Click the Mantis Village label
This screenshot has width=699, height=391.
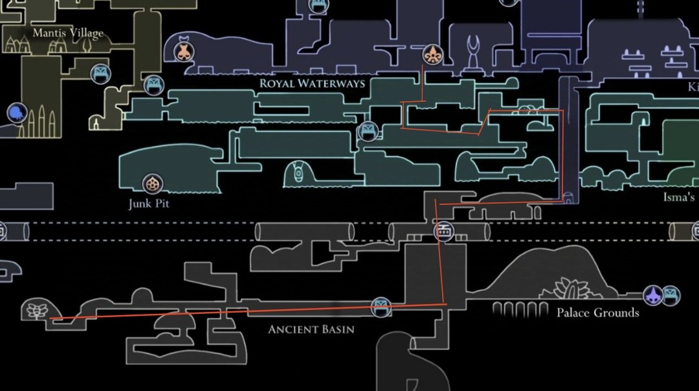pyautogui.click(x=68, y=32)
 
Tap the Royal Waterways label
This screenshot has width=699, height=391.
pyautogui.click(x=312, y=84)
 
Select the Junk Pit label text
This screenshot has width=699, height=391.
pyautogui.click(x=149, y=204)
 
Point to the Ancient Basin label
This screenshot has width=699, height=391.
pyautogui.click(x=311, y=329)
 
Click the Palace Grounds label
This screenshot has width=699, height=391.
pyautogui.click(x=597, y=313)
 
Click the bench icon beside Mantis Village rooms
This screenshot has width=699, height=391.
pyautogui.click(x=99, y=73)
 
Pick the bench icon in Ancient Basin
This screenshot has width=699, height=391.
pyautogui.click(x=381, y=307)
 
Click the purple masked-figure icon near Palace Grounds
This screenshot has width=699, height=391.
pyautogui.click(x=652, y=296)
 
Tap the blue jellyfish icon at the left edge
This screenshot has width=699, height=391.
pyautogui.click(x=16, y=113)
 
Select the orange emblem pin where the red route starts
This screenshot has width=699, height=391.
pyautogui.click(x=432, y=55)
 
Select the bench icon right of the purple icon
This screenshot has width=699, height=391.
pyautogui.click(x=672, y=296)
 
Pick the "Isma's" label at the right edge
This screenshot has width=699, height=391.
pyautogui.click(x=678, y=196)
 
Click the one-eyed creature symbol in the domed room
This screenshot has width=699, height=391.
pyautogui.click(x=298, y=173)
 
